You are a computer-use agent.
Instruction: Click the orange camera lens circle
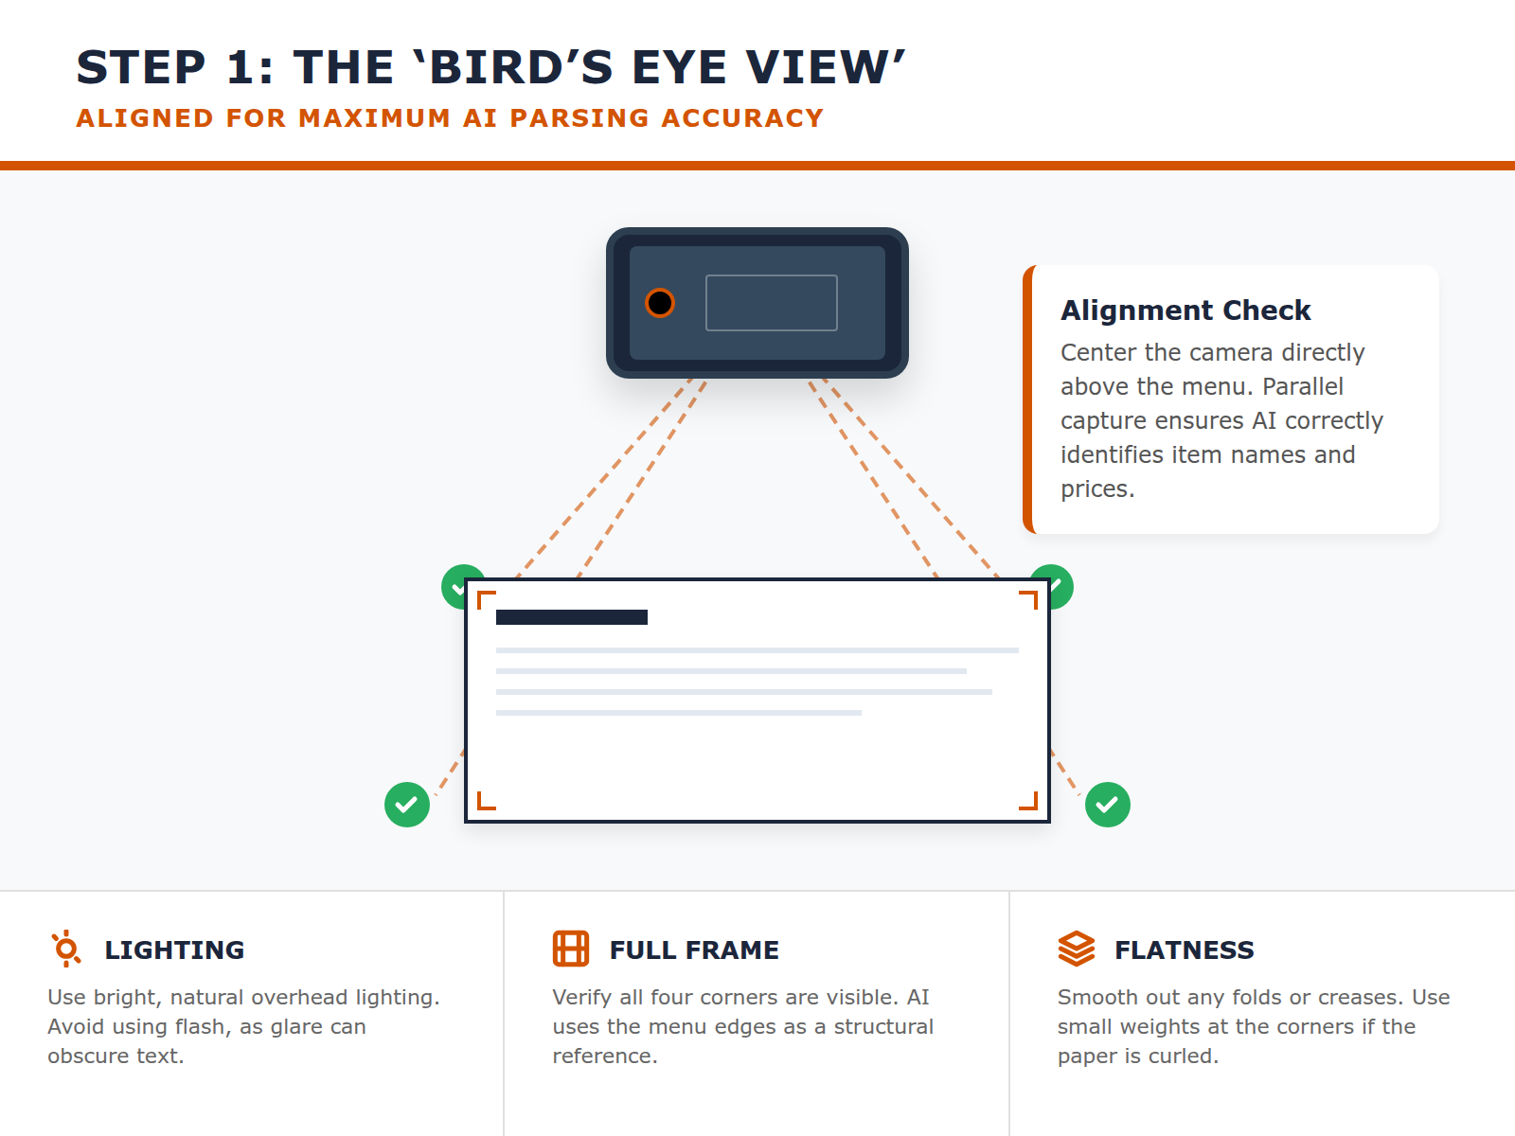pos(660,303)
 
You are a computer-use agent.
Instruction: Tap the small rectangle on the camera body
pos(772,303)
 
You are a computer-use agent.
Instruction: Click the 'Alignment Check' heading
pos(1185,311)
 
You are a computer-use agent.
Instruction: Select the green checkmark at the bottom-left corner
pos(407,805)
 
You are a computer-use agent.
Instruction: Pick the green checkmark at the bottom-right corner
pos(1108,805)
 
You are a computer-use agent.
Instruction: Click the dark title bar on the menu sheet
pos(572,617)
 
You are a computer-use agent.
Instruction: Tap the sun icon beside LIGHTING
pos(66,949)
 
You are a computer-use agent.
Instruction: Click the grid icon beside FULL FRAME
pos(571,949)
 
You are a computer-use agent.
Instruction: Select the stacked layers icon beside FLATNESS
pos(1077,949)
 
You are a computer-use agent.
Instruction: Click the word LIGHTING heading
pos(174,950)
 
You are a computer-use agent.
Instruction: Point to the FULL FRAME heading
pos(694,950)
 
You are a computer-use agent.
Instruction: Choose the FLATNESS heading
pos(1185,950)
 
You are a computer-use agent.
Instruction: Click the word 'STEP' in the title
pos(141,67)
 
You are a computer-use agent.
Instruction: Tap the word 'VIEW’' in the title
pos(826,67)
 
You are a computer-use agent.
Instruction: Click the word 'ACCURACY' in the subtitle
pos(742,118)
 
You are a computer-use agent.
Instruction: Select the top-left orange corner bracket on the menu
pos(486,599)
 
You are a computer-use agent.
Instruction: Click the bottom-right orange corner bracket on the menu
pos(1029,802)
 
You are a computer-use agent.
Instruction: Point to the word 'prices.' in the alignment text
pos(1097,489)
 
